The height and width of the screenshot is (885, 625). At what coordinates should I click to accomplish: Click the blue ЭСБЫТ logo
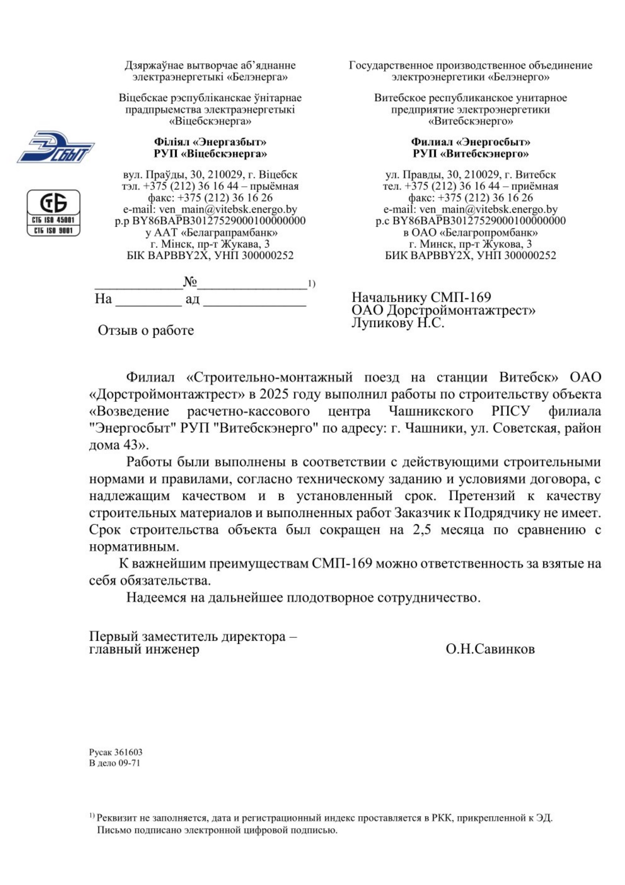click(56, 146)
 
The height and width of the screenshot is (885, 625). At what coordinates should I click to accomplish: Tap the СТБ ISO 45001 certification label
click(54, 220)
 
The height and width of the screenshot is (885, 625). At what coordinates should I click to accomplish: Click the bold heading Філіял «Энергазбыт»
click(210, 142)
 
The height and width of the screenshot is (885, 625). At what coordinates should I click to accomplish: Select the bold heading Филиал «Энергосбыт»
click(470, 142)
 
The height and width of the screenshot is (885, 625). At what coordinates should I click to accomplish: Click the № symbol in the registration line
click(190, 282)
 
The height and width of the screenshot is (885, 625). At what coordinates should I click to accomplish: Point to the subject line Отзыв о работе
click(146, 330)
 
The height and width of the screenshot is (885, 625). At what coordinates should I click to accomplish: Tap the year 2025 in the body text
click(273, 394)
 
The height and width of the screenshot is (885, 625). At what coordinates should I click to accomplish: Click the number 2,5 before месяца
click(421, 530)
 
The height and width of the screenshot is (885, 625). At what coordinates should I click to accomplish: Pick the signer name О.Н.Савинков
click(490, 649)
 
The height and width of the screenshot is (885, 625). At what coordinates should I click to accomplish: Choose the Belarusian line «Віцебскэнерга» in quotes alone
click(210, 122)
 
